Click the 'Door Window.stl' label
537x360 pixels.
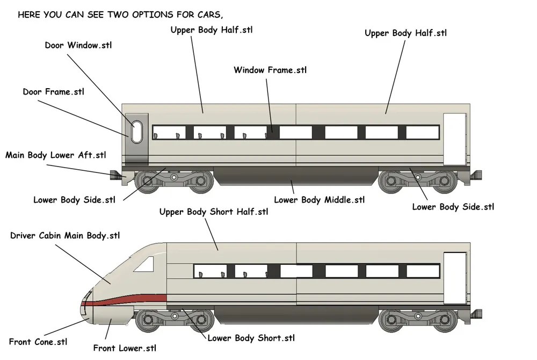pyautogui.click(x=78, y=45)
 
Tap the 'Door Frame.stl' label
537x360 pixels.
pyautogui.click(x=53, y=92)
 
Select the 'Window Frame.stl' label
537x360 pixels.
pyautogui.click(x=270, y=70)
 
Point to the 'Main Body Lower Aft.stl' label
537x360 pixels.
pyautogui.click(x=55, y=155)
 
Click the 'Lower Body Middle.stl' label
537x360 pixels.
pyautogui.click(x=319, y=200)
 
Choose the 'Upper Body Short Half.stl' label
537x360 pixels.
pyautogui.click(x=214, y=212)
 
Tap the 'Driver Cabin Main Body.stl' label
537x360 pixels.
pyautogui.click(x=65, y=236)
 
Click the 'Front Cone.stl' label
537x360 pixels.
pyautogui.click(x=38, y=342)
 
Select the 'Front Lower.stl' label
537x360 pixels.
pyautogui.click(x=125, y=348)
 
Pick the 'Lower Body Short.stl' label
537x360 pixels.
pyautogui.click(x=251, y=338)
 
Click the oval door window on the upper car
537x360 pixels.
pyautogui.click(x=137, y=132)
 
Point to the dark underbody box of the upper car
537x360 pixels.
pyautogui.click(x=296, y=175)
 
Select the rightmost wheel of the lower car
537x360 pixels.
pyautogui.click(x=445, y=320)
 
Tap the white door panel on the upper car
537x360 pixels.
pyautogui.click(x=455, y=139)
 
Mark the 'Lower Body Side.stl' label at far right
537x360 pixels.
pyautogui.click(x=453, y=207)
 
